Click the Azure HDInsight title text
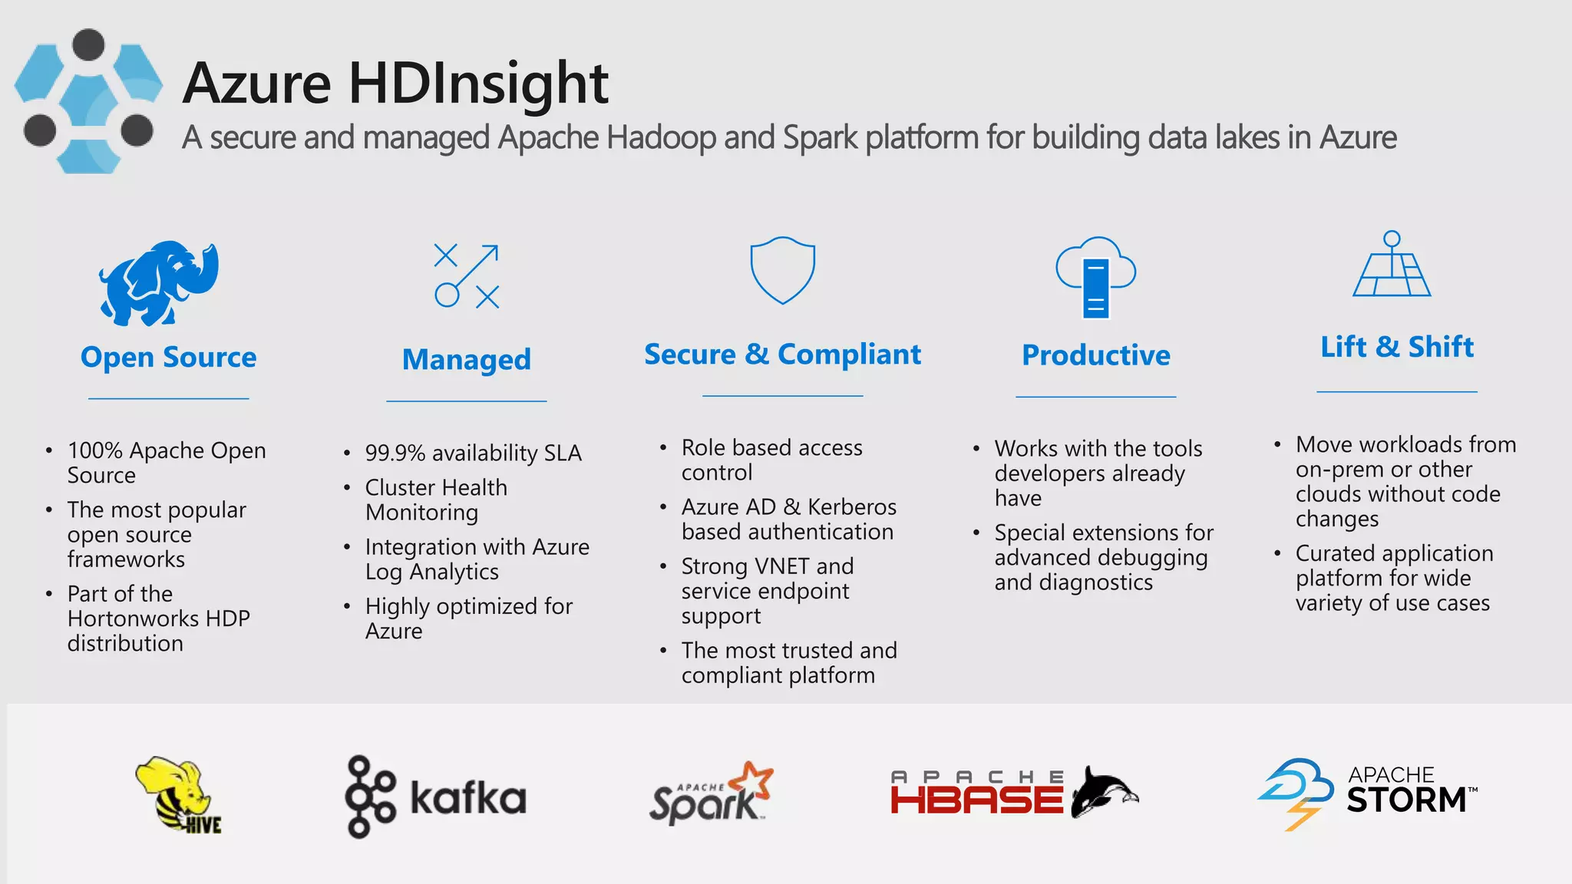(x=395, y=83)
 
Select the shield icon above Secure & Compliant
(x=782, y=269)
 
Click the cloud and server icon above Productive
(x=1095, y=276)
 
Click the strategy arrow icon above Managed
(x=467, y=276)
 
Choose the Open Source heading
(x=169, y=358)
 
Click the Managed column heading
(x=467, y=360)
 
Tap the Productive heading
(x=1095, y=355)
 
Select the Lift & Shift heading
(x=1396, y=347)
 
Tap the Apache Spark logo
(x=711, y=795)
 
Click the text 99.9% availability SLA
(x=473, y=454)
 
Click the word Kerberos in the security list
(x=852, y=507)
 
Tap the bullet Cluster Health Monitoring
(x=436, y=500)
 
